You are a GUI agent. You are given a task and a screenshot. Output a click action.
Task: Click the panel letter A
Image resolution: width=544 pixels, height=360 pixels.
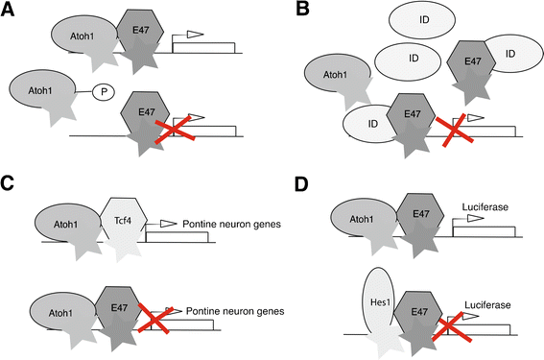[x=9, y=10]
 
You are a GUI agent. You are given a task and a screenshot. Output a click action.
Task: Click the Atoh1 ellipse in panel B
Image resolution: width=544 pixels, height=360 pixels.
[x=334, y=96]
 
